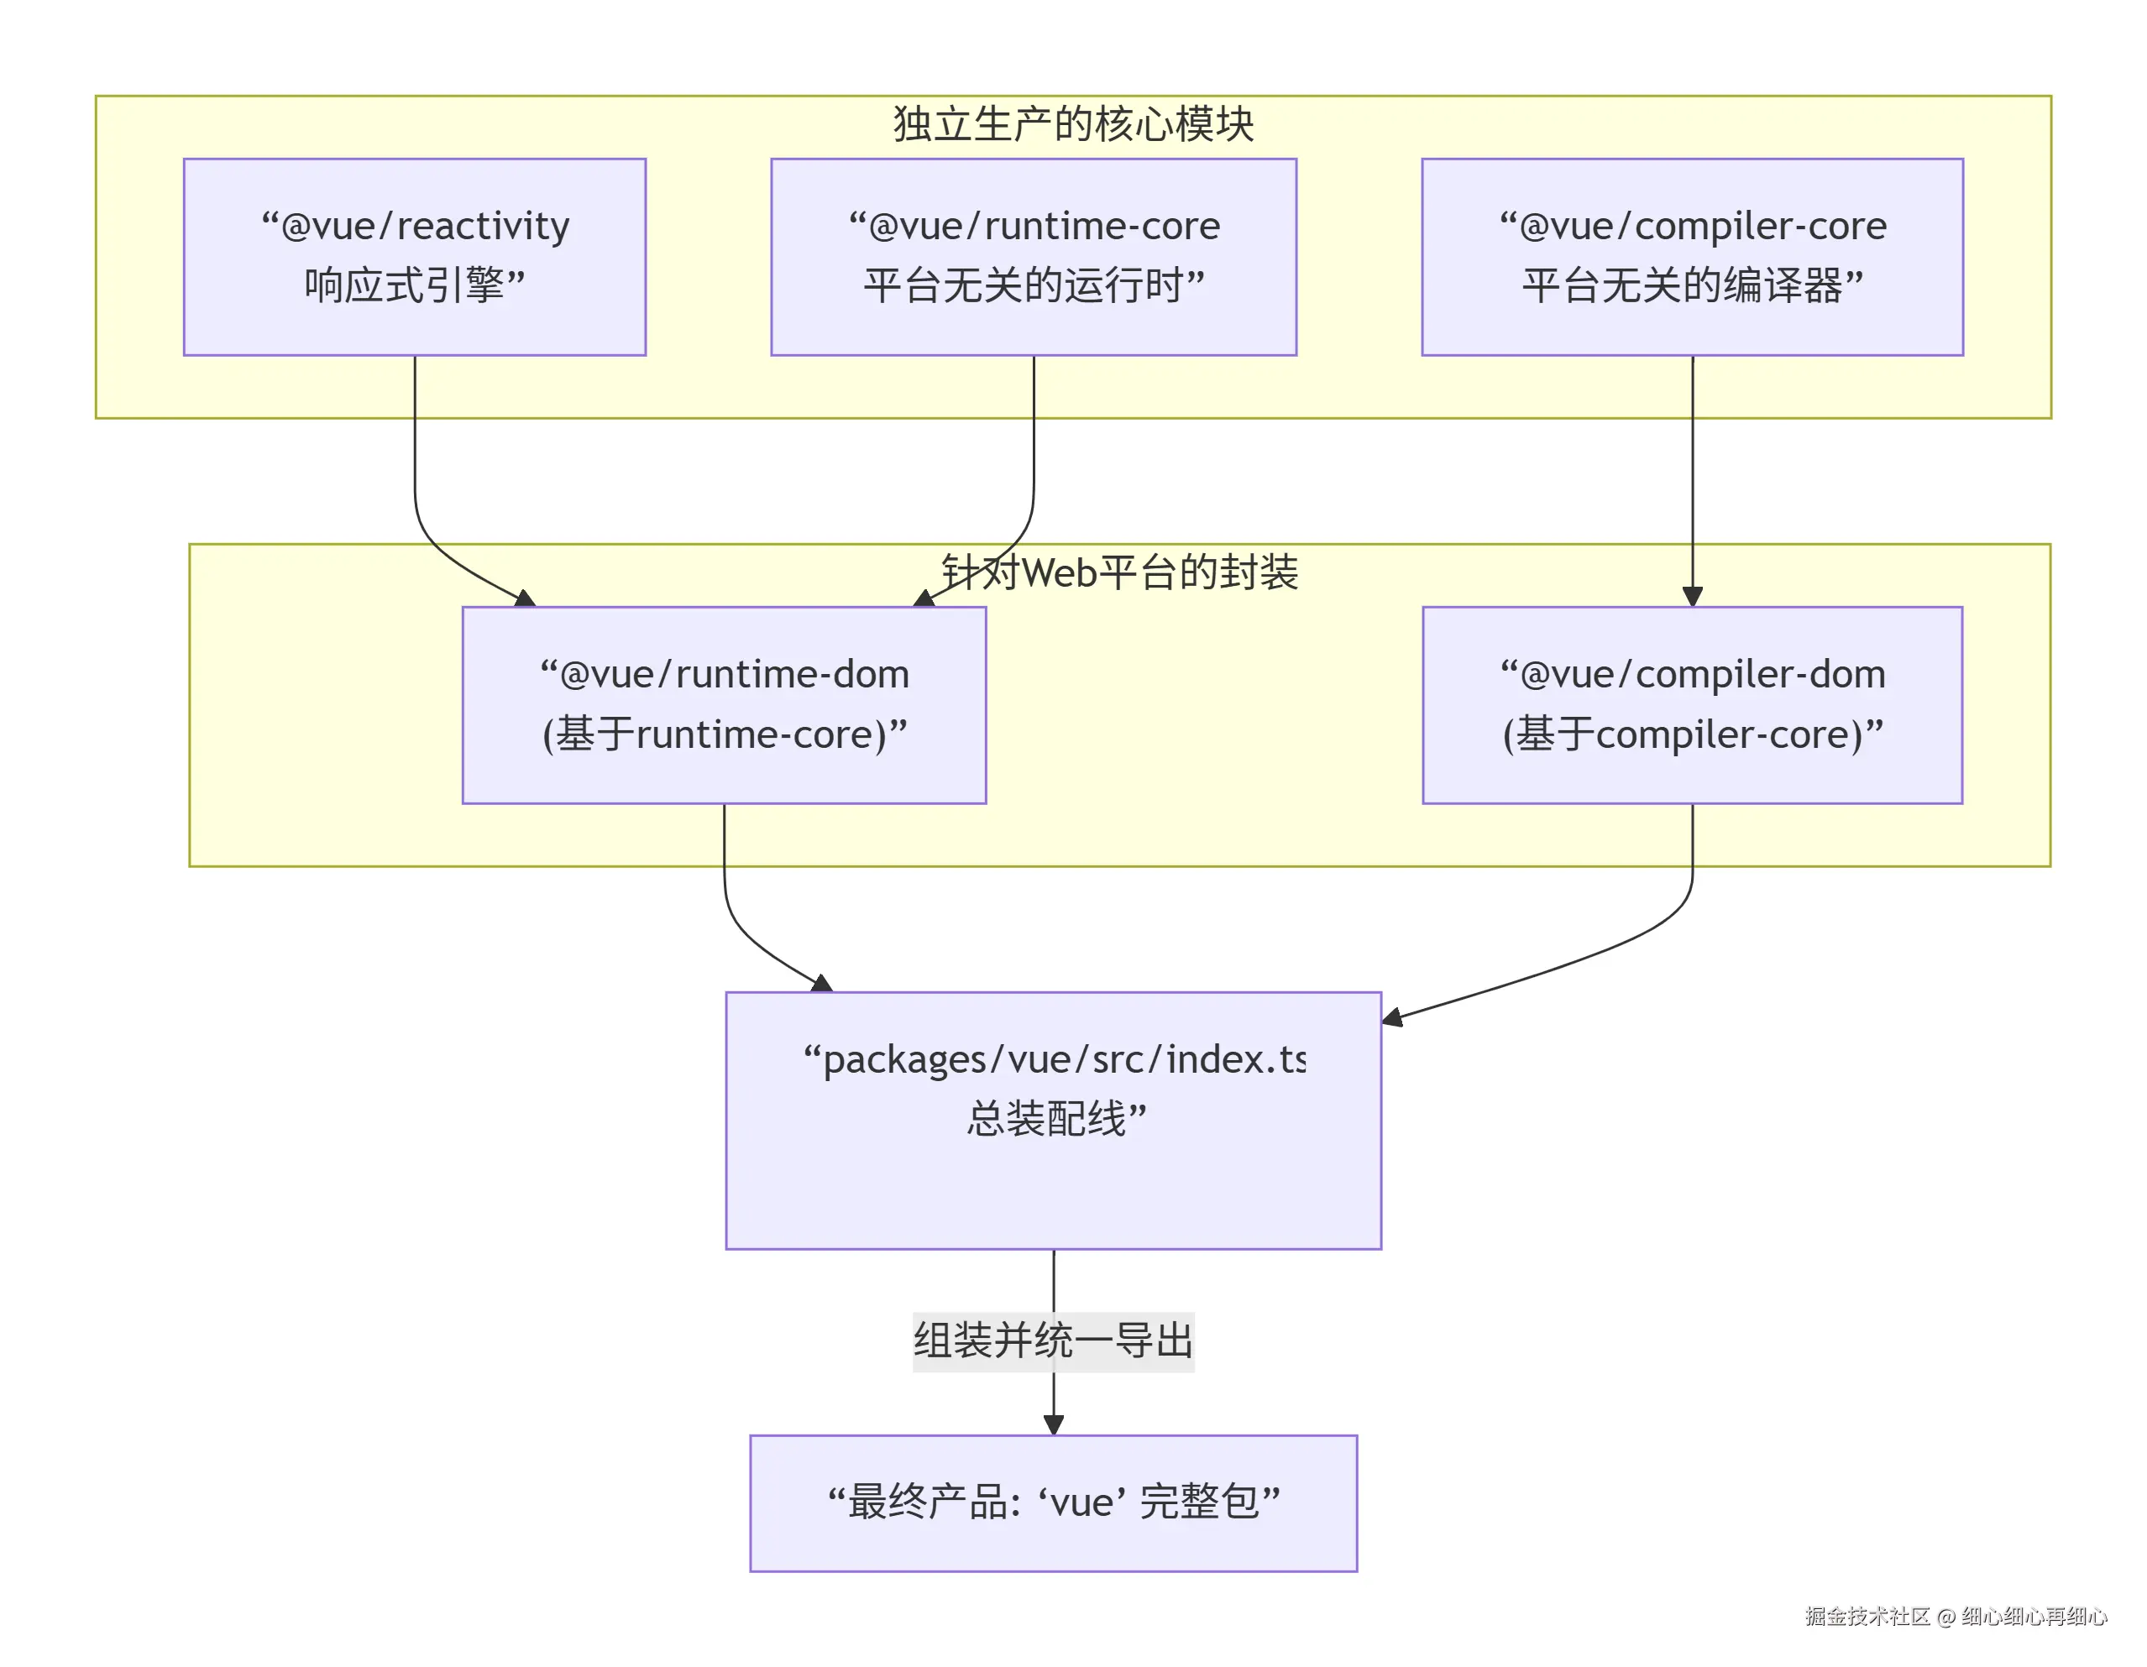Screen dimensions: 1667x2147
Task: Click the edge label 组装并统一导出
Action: coord(1053,1340)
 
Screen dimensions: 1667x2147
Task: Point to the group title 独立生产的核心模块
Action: coord(1072,124)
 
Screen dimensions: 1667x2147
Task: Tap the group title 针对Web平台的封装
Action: coord(1120,572)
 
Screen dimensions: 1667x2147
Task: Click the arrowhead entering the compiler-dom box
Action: coord(1692,597)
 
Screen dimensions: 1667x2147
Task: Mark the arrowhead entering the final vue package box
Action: coord(1053,1424)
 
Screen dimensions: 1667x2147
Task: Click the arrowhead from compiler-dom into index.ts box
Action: coord(1392,1017)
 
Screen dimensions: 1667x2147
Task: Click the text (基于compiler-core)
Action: coord(1692,734)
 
